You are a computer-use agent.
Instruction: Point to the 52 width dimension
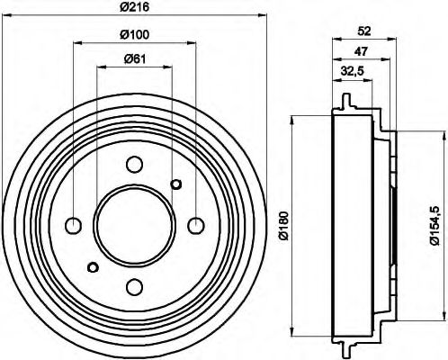[x=364, y=31]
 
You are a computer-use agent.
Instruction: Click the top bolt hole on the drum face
[x=134, y=165]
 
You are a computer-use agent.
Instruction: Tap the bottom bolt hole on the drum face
[x=134, y=286]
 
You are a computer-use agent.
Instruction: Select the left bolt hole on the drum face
[x=74, y=225]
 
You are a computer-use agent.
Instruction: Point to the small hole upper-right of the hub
[x=176, y=184]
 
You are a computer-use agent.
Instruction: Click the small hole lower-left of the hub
[x=92, y=266]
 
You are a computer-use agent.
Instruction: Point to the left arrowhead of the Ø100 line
[x=77, y=41]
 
